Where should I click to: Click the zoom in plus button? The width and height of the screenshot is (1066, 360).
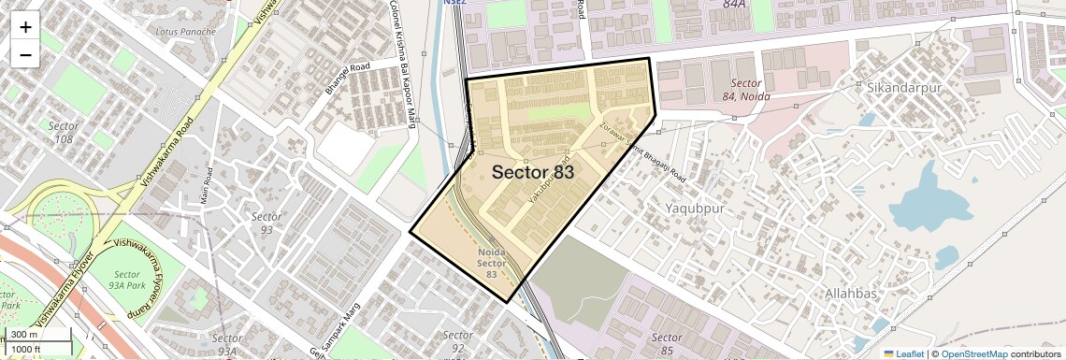point(25,27)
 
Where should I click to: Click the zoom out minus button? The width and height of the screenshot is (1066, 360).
point(25,55)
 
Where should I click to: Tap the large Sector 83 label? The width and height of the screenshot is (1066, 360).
point(532,172)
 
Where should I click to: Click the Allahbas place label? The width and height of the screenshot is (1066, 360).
point(850,294)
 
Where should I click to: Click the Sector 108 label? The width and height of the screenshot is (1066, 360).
point(64,133)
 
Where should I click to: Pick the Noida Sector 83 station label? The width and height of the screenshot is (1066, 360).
point(492,263)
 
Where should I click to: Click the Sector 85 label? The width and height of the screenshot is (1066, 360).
point(666,343)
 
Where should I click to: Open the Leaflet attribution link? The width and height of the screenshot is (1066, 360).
point(903,353)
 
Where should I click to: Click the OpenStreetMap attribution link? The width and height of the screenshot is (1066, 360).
point(973,353)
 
